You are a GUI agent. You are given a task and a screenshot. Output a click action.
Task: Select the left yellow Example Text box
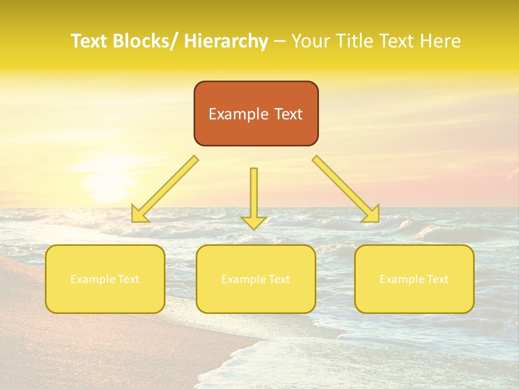click(105, 279)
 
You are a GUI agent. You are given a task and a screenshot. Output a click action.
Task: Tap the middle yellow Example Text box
click(255, 279)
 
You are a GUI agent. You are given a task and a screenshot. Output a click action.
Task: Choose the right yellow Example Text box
click(414, 279)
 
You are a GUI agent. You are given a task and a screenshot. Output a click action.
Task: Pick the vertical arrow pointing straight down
click(254, 194)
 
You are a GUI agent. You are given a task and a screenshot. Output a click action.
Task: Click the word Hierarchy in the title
click(225, 41)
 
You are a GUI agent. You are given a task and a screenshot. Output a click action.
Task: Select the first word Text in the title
click(90, 41)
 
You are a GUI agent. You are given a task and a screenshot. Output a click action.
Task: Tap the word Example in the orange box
click(238, 114)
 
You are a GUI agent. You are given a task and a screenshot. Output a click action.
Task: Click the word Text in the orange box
click(288, 114)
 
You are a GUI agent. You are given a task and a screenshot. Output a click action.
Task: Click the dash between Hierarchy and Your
click(280, 41)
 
